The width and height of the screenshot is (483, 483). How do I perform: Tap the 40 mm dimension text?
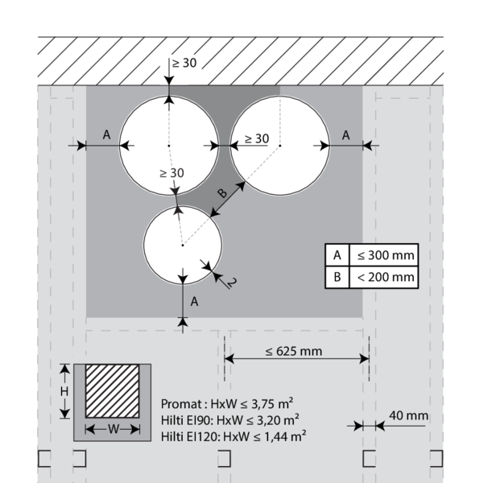tap(408, 415)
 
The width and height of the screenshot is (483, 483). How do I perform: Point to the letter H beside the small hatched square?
tap(67, 390)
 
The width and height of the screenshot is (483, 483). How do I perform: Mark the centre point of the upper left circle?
tap(169, 145)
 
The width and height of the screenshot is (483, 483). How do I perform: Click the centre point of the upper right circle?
tap(280, 145)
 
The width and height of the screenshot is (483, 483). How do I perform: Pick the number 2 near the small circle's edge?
tap(230, 282)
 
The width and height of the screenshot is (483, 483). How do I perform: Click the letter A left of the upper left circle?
tap(106, 135)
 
